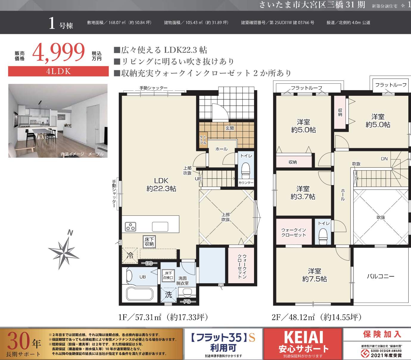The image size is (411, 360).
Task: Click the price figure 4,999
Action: [x=59, y=53]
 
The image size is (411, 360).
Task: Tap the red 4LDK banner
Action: [x=58, y=71]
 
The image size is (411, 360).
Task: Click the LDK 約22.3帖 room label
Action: [x=161, y=184]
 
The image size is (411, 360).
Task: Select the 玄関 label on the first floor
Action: [x=230, y=128]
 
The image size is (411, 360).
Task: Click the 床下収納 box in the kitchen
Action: [x=149, y=242]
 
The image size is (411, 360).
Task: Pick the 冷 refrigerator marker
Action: [x=130, y=256]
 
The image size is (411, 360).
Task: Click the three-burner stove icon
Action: [x=130, y=227]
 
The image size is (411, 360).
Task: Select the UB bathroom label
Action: [x=143, y=277]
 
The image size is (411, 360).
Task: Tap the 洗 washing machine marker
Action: [x=168, y=295]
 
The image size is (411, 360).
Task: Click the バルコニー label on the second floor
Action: [x=380, y=276]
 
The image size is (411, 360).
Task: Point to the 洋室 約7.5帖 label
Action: [x=315, y=275]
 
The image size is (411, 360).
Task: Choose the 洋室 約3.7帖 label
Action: [x=303, y=193]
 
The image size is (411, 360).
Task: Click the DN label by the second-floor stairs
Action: [x=384, y=159]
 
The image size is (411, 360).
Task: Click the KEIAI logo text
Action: [x=303, y=337]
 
